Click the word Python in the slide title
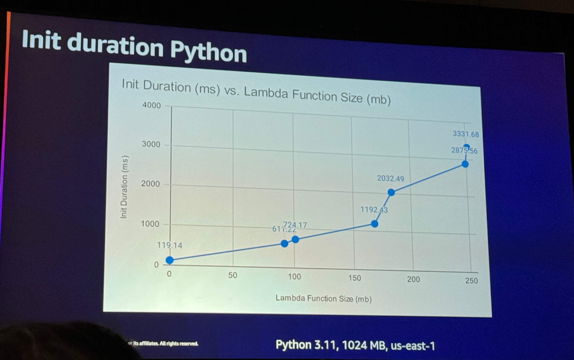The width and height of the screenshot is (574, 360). coord(208,51)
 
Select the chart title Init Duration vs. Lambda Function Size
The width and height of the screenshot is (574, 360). coord(256,91)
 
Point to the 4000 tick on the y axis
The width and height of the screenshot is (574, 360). coord(151,105)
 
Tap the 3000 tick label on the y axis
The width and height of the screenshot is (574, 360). coord(151,145)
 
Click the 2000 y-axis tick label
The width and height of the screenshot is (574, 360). coord(150,184)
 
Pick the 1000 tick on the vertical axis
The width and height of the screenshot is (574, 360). coord(150,224)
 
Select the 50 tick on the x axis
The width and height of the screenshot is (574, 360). coord(232,275)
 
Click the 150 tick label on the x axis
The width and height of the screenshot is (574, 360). coord(355,278)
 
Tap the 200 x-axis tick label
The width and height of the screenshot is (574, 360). coord(413,279)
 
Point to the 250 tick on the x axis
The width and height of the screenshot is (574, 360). coord(471,280)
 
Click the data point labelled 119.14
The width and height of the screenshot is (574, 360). coord(169,260)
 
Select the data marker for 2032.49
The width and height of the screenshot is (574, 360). coord(391,192)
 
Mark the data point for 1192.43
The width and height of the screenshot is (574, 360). coord(374,224)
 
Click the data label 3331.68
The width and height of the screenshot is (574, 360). coord(466,134)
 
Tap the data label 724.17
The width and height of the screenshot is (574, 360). coord(295,225)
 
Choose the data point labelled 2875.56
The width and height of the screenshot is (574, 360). coord(465,164)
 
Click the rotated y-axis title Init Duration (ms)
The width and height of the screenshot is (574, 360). coord(124,187)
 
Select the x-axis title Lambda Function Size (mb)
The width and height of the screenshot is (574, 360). coord(324,298)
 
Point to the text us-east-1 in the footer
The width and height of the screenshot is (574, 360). coord(413,346)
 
